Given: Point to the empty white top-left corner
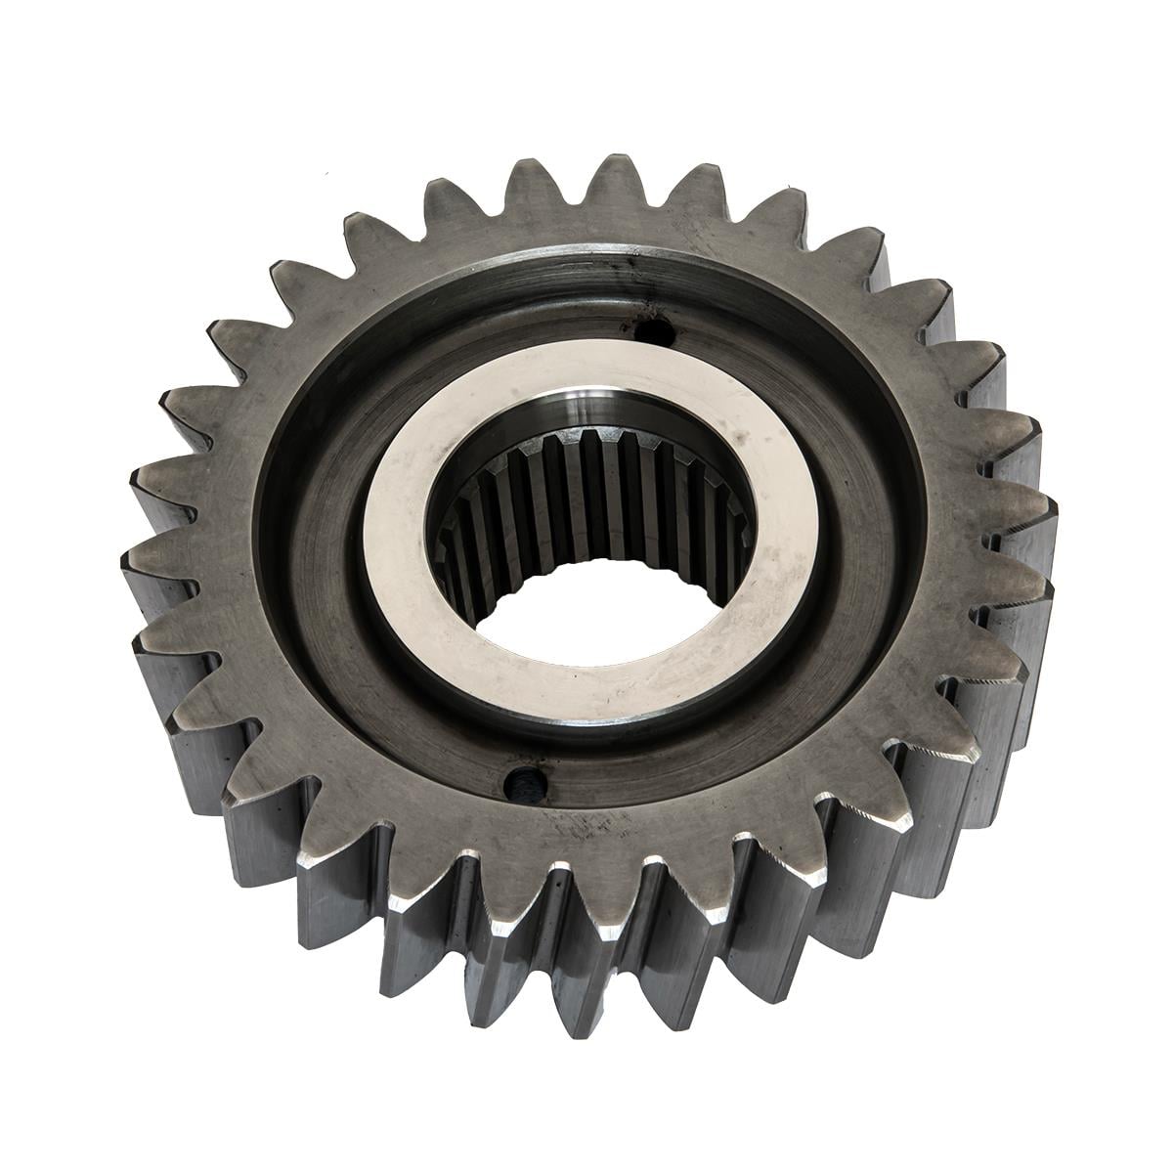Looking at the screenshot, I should click(x=59, y=59).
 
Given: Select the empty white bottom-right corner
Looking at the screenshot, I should click(x=1114, y=1114).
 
